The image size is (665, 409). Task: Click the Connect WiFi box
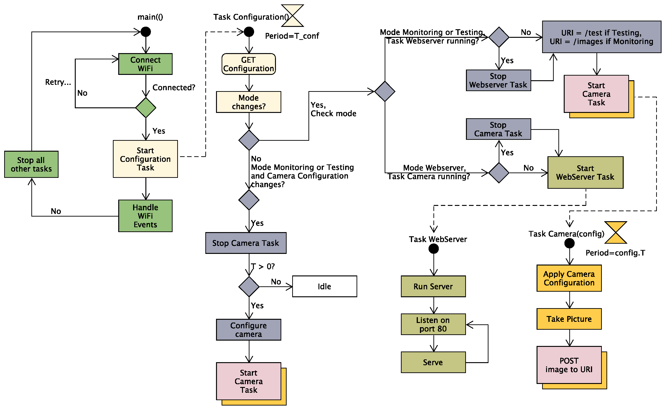(145, 64)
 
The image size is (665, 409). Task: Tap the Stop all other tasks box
(31, 164)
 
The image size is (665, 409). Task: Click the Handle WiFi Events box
(145, 216)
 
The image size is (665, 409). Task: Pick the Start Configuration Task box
(145, 159)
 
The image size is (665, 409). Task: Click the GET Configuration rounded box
(249, 64)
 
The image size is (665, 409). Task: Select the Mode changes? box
(249, 102)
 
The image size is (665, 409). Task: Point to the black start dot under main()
(146, 32)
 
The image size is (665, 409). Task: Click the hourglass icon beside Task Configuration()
(292, 16)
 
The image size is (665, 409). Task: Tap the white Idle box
(324, 287)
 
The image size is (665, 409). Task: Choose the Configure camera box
(249, 330)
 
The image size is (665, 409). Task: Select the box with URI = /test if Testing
(601, 37)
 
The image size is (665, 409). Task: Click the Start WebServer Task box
(585, 173)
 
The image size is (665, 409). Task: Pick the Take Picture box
(569, 319)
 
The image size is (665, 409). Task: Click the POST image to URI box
(569, 365)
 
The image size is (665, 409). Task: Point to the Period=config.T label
(615, 253)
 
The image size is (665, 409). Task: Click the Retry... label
(58, 82)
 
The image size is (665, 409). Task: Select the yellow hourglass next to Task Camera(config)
(616, 232)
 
